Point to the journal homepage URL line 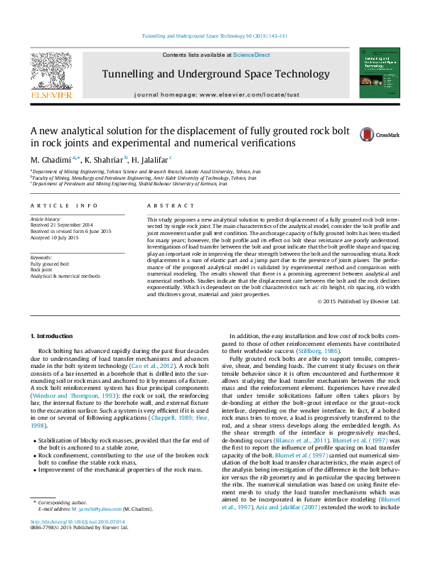[x=217, y=94]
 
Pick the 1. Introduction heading [x=53, y=335]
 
